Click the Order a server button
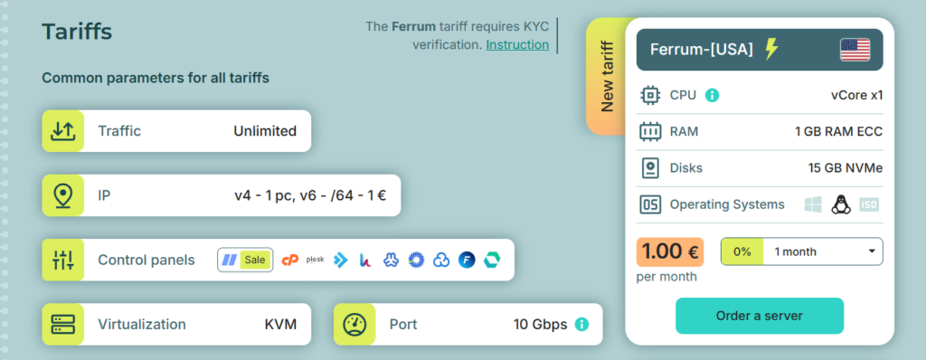[x=760, y=316]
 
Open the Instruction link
[x=517, y=44]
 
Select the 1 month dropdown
[x=801, y=251]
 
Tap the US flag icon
[x=855, y=50]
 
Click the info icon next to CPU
[x=713, y=95]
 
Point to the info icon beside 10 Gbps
[x=581, y=324]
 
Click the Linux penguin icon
[x=840, y=204]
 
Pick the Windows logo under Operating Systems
[x=813, y=204]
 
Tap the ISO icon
[x=869, y=204]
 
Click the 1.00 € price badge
[x=670, y=251]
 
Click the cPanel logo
[x=290, y=260]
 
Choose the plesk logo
[x=315, y=260]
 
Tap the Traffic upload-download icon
[x=62, y=130]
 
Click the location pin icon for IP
[x=62, y=195]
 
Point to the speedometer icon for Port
[x=354, y=324]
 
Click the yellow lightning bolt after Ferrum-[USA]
[x=770, y=49]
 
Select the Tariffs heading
[x=77, y=32]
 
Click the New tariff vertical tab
[x=607, y=76]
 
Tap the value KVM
[x=280, y=324]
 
